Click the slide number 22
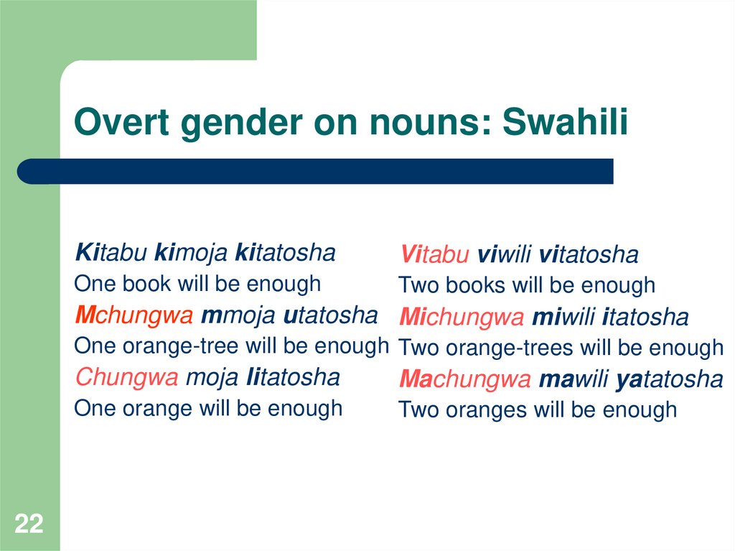(29, 524)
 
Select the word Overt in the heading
(121, 123)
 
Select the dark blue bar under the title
(316, 171)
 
